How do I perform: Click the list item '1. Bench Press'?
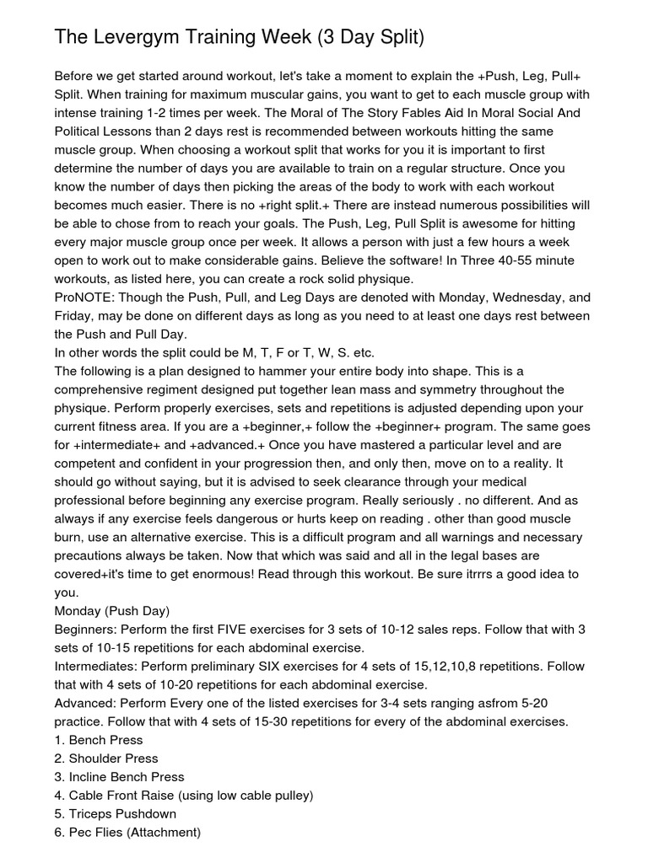pos(97,740)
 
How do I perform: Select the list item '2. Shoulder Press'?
pos(106,758)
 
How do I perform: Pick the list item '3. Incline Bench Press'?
pos(119,777)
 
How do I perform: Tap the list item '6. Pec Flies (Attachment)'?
pos(127,833)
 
